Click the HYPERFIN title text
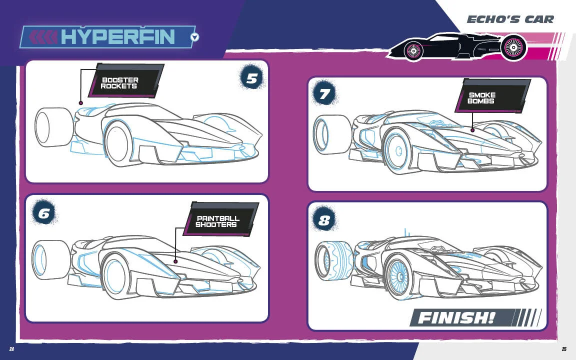click(x=117, y=36)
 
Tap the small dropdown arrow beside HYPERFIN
click(x=195, y=37)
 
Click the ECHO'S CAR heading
click(x=510, y=19)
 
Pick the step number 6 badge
click(x=44, y=213)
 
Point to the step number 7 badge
click(x=325, y=94)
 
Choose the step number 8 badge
click(x=324, y=220)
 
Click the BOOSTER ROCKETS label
click(x=120, y=83)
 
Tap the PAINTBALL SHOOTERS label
click(x=217, y=221)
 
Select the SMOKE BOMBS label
click(x=481, y=98)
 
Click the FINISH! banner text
click(x=456, y=317)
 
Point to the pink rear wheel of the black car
click(x=513, y=48)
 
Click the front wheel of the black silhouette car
click(x=413, y=50)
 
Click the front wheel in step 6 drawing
click(x=116, y=276)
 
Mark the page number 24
click(x=11, y=349)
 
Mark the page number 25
click(x=564, y=349)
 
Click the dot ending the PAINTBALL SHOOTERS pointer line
click(x=175, y=261)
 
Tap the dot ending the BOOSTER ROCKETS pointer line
click(x=80, y=103)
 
